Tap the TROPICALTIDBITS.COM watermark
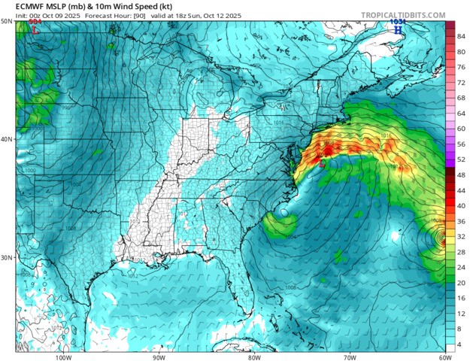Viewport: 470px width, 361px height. (402, 14)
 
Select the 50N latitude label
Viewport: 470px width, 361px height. (6, 22)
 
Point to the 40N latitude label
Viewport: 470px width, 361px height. (6, 139)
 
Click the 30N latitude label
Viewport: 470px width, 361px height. (6, 257)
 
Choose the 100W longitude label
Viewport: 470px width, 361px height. (62, 356)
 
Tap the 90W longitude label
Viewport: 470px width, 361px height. (158, 356)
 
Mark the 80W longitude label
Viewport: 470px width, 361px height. (253, 356)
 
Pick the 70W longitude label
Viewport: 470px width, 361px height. (349, 356)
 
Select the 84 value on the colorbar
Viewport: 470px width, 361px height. (460, 36)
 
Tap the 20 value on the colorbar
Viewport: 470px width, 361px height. (460, 283)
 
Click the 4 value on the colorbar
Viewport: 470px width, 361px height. (460, 344)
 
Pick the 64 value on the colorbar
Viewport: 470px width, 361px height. (460, 113)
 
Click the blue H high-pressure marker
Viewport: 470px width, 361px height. (397, 29)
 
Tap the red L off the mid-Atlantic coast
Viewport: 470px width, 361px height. (323, 162)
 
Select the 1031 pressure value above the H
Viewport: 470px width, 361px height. (397, 22)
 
